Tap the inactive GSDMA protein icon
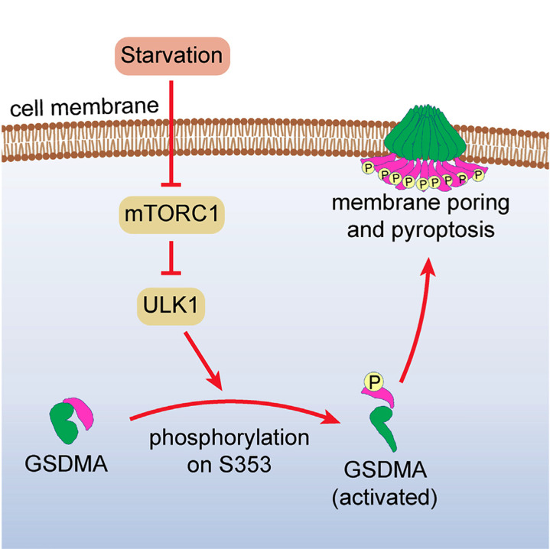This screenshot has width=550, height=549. (72, 417)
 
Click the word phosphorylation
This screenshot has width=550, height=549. (229, 440)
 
